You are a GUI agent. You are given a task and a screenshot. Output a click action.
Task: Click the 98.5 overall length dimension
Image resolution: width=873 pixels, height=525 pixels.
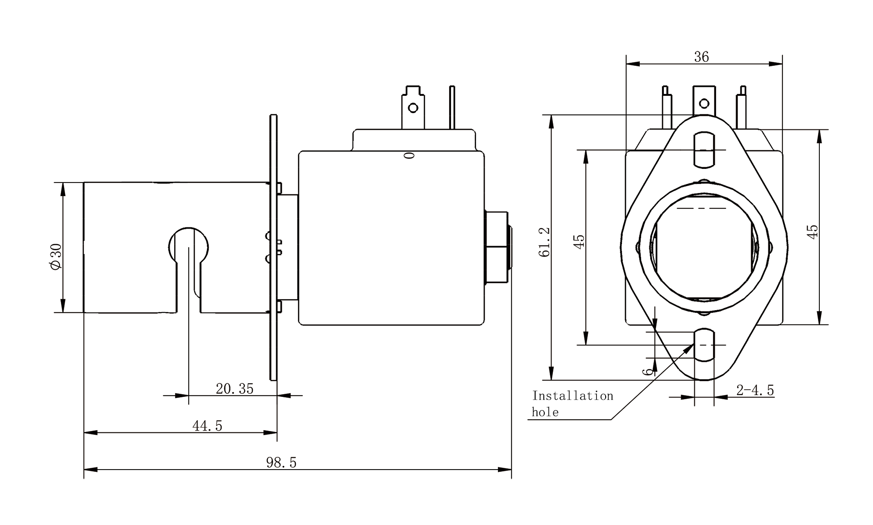pyautogui.click(x=281, y=462)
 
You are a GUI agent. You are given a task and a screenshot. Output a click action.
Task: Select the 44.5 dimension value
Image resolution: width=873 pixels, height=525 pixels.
pyautogui.click(x=207, y=426)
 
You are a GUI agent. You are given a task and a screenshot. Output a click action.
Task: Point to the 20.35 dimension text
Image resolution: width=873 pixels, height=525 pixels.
pyautogui.click(x=234, y=389)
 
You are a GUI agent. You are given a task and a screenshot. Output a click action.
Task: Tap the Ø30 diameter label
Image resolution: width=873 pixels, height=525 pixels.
pyautogui.click(x=56, y=257)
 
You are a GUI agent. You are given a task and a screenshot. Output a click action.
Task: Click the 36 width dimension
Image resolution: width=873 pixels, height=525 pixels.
pyautogui.click(x=702, y=57)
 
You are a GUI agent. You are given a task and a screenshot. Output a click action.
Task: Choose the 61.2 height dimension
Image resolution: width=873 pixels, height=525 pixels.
pyautogui.click(x=544, y=242)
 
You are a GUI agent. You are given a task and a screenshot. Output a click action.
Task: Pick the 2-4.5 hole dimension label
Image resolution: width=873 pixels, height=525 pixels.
pyautogui.click(x=755, y=390)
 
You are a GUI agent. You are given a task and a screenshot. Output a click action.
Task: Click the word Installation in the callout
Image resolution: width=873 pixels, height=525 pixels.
pyautogui.click(x=572, y=396)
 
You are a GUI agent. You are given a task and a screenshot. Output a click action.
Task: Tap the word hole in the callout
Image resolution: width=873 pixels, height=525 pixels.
pyautogui.click(x=545, y=412)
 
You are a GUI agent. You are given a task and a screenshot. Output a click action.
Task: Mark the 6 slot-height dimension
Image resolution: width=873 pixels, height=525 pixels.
pyautogui.click(x=647, y=371)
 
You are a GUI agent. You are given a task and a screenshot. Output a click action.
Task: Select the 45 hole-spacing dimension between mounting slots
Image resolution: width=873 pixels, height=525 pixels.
pyautogui.click(x=579, y=242)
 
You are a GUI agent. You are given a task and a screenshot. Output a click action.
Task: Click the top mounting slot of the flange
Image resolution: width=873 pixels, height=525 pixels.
pyautogui.click(x=704, y=149)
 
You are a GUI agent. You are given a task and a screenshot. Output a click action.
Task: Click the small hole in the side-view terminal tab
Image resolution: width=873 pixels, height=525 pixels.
pyautogui.click(x=413, y=108)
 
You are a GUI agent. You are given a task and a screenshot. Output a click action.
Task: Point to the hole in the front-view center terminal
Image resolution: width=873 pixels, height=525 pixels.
pyautogui.click(x=704, y=104)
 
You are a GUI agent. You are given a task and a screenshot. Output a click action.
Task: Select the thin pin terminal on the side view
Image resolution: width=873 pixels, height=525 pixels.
pyautogui.click(x=452, y=107)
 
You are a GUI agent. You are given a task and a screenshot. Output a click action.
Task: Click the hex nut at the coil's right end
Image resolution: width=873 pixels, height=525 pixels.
pyautogui.click(x=496, y=247)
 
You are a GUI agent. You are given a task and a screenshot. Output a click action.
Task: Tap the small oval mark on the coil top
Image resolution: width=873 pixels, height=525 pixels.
pyautogui.click(x=409, y=156)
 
